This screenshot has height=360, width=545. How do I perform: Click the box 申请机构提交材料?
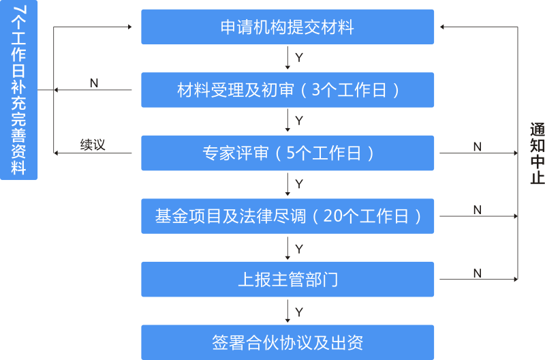pos(287,27)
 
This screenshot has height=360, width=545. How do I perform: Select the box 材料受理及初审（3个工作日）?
pos(287,90)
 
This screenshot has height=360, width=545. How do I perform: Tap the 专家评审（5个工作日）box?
pos(287,153)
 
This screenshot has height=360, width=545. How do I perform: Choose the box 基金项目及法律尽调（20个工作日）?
pos(287,216)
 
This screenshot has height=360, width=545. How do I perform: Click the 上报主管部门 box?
pos(287,280)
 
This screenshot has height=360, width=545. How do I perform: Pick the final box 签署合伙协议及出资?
pos(287,342)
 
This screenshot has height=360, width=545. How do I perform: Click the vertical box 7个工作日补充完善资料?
pos(19,90)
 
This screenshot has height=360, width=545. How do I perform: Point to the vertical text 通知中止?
pos(538,153)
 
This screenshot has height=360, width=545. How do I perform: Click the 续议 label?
pos(93,145)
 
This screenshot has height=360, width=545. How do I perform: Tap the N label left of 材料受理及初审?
pos(94,83)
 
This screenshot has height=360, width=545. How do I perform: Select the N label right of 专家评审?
pos(478,147)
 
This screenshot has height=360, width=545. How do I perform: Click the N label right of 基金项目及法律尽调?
pos(478,210)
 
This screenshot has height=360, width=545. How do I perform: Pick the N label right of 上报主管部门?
pos(478,273)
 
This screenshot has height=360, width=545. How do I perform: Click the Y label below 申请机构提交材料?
pos(299,57)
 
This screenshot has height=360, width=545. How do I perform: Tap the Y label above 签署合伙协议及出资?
pos(299,312)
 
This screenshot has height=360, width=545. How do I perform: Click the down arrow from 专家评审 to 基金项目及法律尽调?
pos(287,184)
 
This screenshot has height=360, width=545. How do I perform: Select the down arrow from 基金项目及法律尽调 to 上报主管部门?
pos(287,248)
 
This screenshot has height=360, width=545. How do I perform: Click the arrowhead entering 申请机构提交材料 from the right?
pos(441,27)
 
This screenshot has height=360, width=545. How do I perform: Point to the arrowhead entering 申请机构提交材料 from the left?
pos(129,27)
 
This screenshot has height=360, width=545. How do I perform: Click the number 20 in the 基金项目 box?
pos(333,216)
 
